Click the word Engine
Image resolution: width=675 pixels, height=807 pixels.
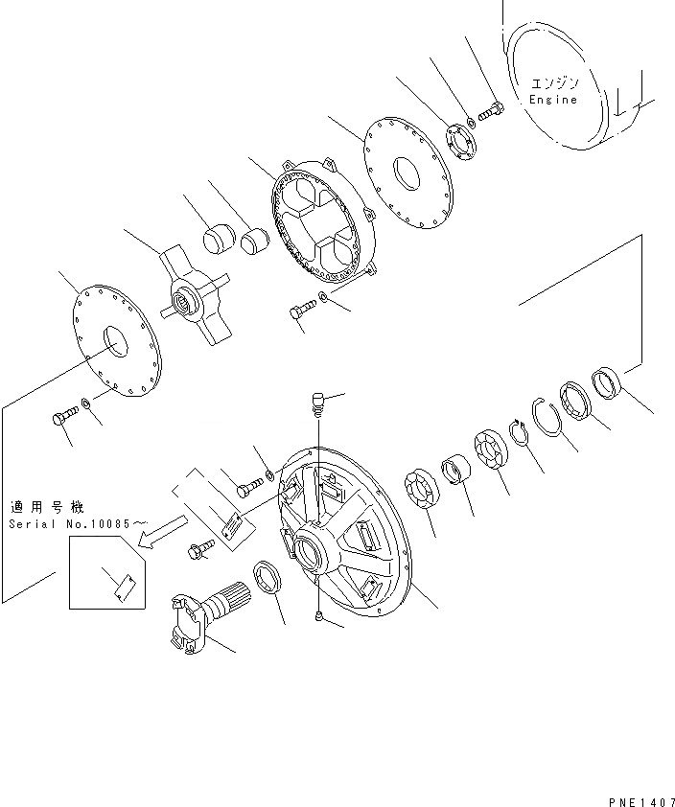(554, 100)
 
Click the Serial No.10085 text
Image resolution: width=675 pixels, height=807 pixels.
(79, 524)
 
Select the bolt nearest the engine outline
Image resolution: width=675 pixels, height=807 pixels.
(491, 114)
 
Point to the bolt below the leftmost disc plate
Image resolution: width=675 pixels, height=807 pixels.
(63, 418)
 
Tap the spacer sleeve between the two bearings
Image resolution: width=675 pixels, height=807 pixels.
(456, 473)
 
